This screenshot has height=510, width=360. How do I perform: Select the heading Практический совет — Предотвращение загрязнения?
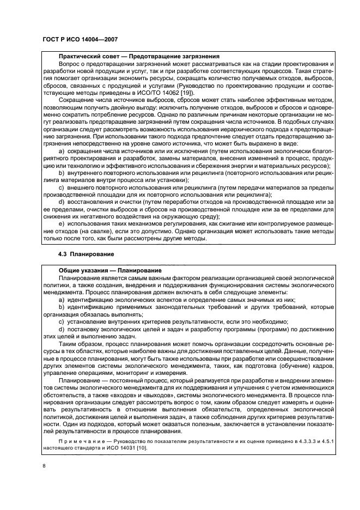point(139,56)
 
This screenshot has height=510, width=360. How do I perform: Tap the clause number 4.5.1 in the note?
point(321,440)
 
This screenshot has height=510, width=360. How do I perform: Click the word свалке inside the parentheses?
point(108,232)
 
